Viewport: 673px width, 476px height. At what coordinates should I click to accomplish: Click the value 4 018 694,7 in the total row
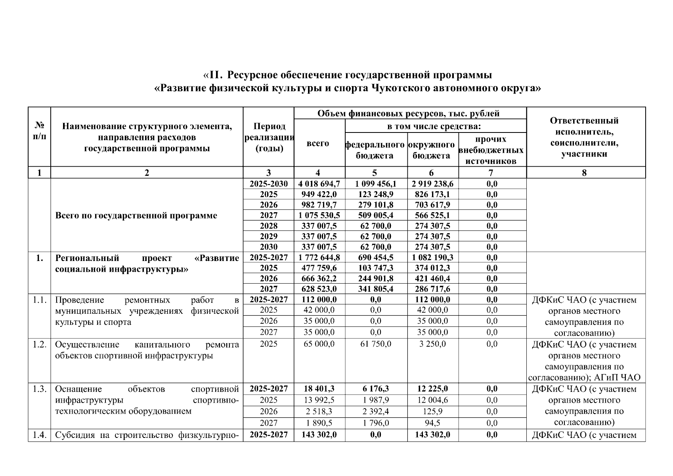(x=319, y=184)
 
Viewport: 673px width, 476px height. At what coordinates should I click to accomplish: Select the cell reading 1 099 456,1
(x=375, y=184)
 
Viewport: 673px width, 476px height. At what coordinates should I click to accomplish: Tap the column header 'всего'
(x=318, y=143)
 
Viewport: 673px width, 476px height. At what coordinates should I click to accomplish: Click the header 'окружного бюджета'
(x=431, y=150)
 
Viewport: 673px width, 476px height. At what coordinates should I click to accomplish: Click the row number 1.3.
(x=39, y=389)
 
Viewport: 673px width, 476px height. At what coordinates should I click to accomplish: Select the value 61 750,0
(x=375, y=344)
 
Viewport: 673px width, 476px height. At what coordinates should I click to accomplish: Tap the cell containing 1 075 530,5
(x=319, y=215)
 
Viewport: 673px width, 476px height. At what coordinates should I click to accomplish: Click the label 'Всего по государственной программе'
(x=136, y=215)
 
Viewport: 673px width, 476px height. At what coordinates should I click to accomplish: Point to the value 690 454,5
(x=375, y=257)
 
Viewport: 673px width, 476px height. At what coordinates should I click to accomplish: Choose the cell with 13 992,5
(x=319, y=400)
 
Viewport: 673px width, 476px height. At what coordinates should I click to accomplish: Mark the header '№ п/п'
(x=39, y=131)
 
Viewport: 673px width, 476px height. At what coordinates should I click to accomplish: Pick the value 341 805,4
(x=375, y=289)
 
